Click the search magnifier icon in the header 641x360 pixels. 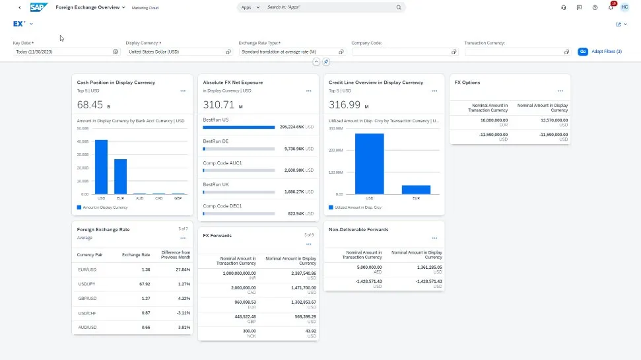click(399, 7)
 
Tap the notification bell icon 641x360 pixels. click(611, 7)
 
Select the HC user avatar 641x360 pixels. click(624, 7)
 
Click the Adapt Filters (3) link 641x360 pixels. click(606, 51)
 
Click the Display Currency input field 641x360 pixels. click(175, 52)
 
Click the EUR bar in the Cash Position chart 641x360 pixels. click(120, 176)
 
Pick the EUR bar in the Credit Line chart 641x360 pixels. click(416, 190)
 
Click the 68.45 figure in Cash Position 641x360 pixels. click(90, 104)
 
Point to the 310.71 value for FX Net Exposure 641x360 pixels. click(219, 104)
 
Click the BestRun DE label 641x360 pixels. click(216, 141)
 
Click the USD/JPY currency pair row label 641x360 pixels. click(87, 284)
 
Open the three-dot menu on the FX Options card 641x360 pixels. click(560, 91)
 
